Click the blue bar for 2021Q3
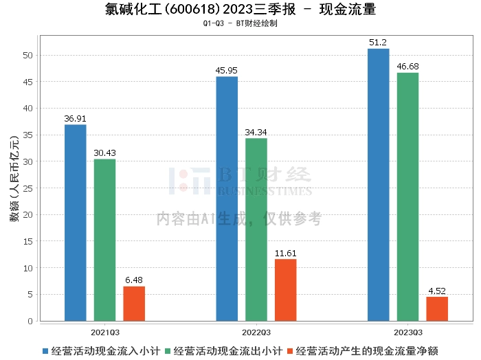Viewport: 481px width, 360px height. coord(76,223)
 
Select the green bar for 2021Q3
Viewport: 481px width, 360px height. coord(105,240)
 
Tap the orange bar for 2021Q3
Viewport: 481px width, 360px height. coord(135,304)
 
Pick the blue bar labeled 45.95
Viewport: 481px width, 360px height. coord(227,199)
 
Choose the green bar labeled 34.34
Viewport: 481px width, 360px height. coord(256,229)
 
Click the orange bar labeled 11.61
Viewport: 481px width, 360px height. coord(286,290)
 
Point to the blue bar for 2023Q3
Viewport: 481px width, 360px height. coord(379,185)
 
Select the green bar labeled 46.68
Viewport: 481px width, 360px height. coord(407,196)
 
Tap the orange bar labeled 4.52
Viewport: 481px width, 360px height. coord(437,308)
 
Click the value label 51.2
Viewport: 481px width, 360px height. coord(379,43)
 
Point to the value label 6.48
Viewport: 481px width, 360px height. coord(135,280)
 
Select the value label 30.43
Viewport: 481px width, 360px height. coord(105,153)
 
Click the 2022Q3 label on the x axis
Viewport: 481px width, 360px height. coord(256,331)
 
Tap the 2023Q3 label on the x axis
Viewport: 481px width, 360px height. coord(407,331)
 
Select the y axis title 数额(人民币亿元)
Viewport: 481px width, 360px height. coord(13,177)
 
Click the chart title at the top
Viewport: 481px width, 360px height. coord(240,10)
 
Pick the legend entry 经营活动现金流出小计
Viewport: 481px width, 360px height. coord(227,350)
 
